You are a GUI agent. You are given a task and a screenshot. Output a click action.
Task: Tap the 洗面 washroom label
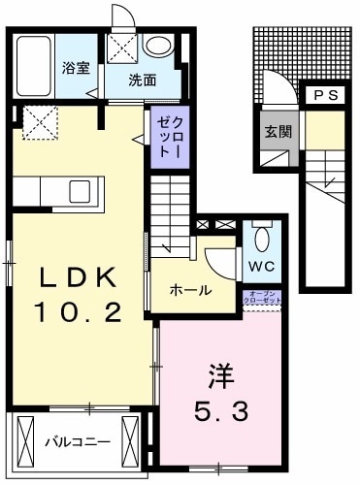tap(144, 81)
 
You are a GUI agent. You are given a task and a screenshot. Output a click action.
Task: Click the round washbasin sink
tap(157, 46)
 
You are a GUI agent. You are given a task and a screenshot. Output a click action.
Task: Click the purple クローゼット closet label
tap(165, 136)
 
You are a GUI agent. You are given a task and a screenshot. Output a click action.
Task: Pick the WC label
tap(260, 266)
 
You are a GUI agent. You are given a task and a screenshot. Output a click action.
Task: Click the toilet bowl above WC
tap(260, 237)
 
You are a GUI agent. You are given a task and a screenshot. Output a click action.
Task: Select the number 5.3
tap(221, 411)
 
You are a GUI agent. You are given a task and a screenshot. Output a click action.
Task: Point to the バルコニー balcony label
tap(78, 441)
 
